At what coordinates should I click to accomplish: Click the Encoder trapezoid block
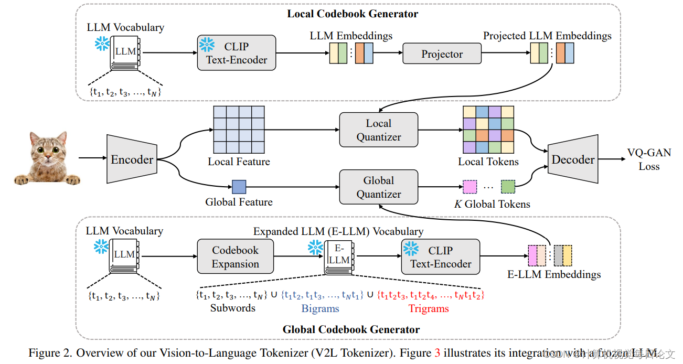[x=132, y=159]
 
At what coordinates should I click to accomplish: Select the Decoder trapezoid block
[x=573, y=159]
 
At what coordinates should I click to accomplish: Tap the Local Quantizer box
[x=379, y=130]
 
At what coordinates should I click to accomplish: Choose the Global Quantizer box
[x=379, y=187]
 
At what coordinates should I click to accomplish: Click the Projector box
[x=442, y=54]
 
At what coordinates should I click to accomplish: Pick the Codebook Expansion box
[x=235, y=257]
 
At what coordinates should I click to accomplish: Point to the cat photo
[x=48, y=157]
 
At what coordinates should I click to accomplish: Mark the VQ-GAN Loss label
[x=649, y=159]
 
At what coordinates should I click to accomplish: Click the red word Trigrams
[x=429, y=308]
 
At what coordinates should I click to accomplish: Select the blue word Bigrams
[x=320, y=308]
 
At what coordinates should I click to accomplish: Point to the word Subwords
[x=232, y=308]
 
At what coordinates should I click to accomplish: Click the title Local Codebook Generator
[x=353, y=14]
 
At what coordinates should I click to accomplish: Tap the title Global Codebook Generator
[x=351, y=329]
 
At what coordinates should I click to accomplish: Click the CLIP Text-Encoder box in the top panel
[x=237, y=53]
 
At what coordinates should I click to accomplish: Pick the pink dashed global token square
[x=469, y=187]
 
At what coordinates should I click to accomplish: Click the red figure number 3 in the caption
[x=437, y=353]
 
